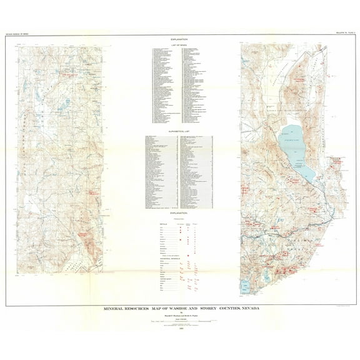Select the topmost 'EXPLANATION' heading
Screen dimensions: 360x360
coord(179,39)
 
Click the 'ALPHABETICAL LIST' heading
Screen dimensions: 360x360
coord(179,132)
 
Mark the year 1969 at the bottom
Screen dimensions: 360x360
coord(181,327)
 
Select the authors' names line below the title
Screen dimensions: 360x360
coord(180,314)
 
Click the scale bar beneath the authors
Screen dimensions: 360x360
coord(180,321)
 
